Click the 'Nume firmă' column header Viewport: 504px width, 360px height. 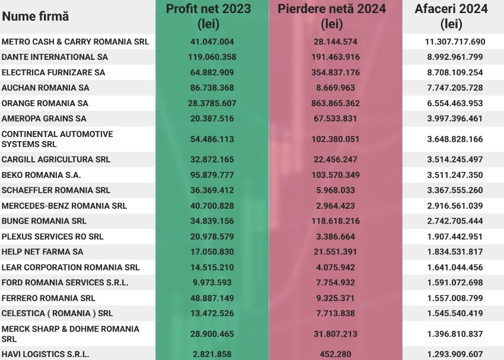click(36, 17)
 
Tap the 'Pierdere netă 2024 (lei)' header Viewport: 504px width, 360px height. click(336, 17)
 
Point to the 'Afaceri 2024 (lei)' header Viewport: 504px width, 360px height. click(452, 17)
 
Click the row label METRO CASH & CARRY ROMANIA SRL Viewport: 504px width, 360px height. click(75, 42)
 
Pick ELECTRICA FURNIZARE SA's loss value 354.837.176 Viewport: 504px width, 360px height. click(336, 73)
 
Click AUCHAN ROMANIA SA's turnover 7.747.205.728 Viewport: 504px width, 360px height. click(455, 88)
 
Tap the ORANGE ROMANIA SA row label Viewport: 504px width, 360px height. click(45, 103)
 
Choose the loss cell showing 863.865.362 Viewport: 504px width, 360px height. click(336, 103)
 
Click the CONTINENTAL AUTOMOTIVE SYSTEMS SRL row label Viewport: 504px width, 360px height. click(57, 139)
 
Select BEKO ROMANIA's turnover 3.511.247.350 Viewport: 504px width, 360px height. click(455, 176)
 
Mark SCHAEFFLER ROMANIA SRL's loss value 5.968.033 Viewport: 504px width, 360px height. click(336, 190)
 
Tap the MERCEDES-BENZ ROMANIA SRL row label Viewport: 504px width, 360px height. click(64, 206)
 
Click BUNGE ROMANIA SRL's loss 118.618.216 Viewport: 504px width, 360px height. click(336, 221)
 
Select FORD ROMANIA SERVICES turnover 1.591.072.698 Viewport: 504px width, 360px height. click(455, 282)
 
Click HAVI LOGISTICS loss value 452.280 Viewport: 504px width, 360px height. click(336, 355)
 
